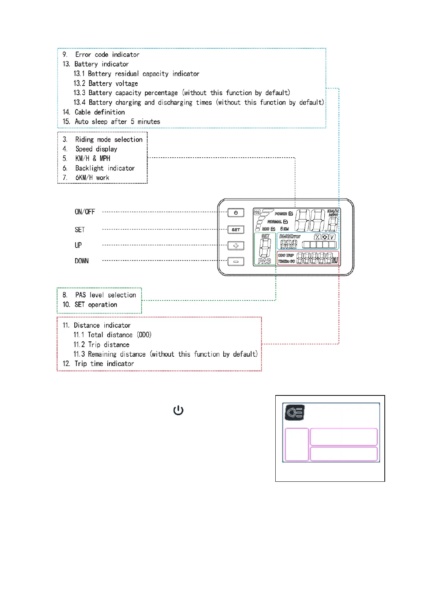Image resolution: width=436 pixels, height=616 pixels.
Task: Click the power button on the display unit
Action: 236,213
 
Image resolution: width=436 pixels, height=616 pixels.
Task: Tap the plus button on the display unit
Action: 236,245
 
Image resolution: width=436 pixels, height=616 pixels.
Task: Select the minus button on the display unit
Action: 236,262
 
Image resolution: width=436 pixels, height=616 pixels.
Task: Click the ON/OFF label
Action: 85,212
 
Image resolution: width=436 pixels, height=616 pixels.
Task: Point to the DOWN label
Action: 82,261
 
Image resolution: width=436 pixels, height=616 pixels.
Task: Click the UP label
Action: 78,245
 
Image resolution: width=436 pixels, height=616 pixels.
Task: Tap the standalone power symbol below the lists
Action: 178,410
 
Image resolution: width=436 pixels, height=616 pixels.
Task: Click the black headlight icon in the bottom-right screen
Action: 295,413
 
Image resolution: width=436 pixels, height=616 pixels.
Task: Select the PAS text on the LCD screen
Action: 264,261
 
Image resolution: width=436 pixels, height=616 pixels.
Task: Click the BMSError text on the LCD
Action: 290,236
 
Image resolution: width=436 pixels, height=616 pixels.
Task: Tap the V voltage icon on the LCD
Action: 332,237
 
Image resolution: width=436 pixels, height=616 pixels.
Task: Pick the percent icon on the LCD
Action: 317,237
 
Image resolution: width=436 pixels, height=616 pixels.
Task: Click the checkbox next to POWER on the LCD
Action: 291,214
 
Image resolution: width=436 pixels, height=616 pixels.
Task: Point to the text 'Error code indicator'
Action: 107,55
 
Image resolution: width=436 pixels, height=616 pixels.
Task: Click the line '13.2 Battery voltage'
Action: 106,83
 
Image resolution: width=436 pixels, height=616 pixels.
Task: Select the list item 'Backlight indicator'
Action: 105,168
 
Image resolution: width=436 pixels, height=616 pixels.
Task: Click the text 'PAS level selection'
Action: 105,295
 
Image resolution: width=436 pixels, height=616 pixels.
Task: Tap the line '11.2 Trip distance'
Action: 101,345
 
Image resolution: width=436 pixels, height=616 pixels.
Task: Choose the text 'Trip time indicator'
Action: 104,364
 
